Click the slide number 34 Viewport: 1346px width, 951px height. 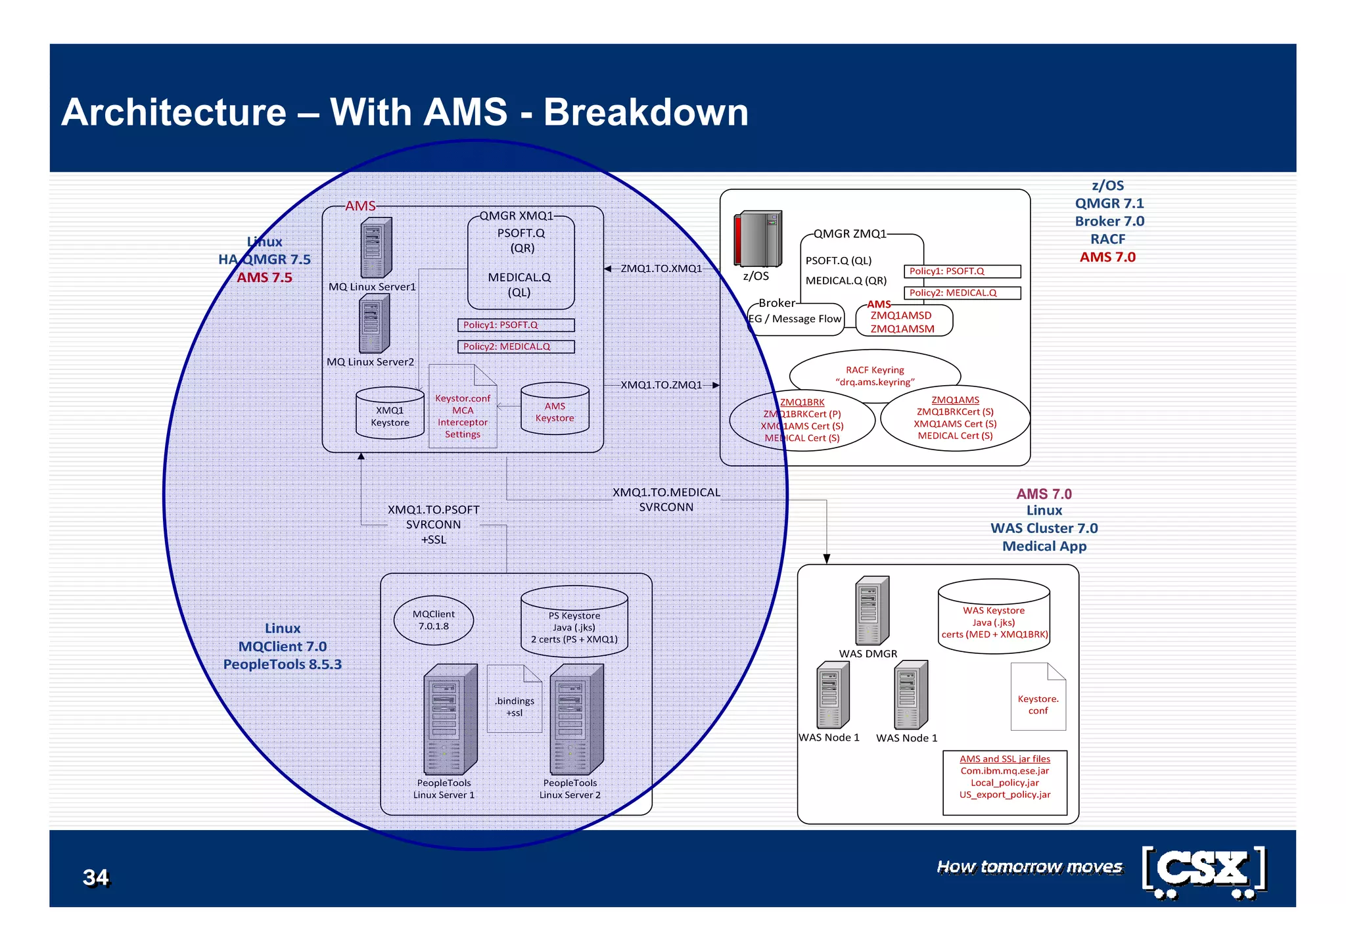[95, 877]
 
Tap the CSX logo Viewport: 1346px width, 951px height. [1204, 871]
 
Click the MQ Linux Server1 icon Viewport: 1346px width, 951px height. [376, 248]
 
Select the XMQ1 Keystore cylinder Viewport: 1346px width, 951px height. [390, 413]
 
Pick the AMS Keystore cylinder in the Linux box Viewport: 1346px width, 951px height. [555, 409]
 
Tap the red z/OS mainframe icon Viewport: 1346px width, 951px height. [757, 239]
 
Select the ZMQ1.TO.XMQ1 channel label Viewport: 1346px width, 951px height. [661, 268]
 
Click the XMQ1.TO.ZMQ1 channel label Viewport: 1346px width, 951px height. [661, 384]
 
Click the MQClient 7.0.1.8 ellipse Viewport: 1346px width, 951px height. [433, 620]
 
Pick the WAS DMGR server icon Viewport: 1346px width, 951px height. [871, 611]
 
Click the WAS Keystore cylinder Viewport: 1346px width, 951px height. [994, 617]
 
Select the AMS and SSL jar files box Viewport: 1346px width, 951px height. [1004, 782]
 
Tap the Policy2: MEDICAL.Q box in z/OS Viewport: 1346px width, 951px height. [962, 292]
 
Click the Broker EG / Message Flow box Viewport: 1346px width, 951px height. [796, 319]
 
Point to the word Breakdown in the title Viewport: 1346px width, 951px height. [645, 112]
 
